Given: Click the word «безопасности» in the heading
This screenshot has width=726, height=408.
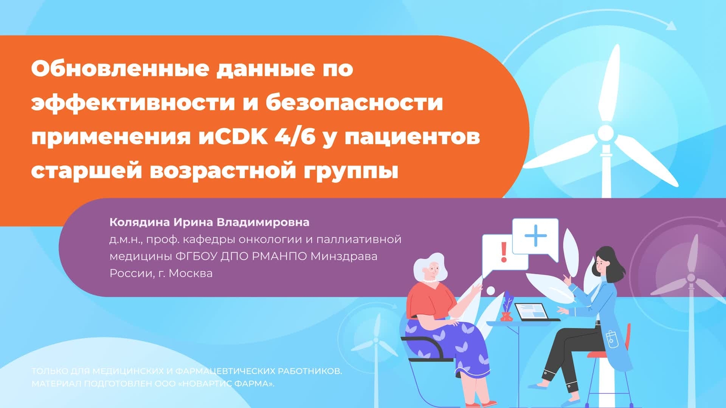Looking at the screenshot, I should coord(354,103).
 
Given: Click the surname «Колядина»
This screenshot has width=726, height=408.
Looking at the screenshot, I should coord(140,222).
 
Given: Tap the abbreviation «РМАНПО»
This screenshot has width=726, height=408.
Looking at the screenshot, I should coord(279,256).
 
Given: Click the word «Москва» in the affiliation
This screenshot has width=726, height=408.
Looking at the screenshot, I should coord(191,273).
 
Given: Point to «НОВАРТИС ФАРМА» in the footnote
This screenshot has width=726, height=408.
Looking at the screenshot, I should coord(226,384).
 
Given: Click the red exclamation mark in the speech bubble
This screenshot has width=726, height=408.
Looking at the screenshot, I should coord(503,252).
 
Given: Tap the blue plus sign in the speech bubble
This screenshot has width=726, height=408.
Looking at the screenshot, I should coord(535,235).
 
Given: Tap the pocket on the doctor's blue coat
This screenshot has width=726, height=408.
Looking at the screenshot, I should coord(610,338).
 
